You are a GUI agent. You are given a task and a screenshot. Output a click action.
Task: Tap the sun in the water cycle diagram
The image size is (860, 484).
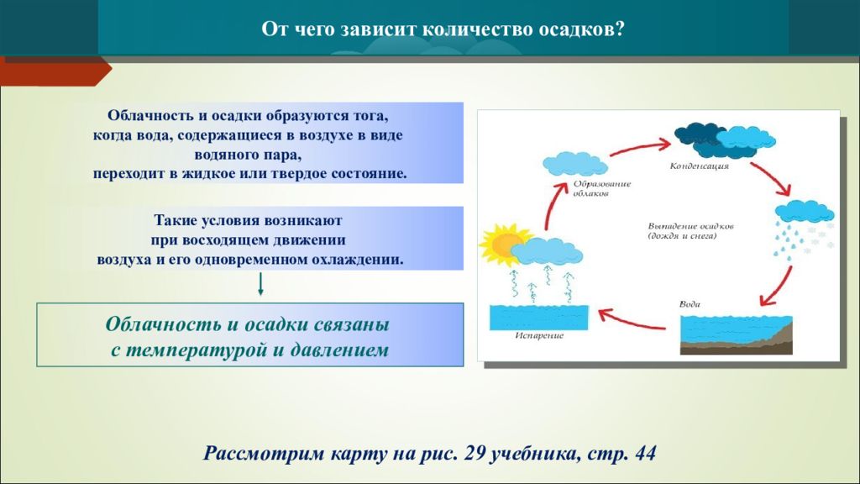point(502,245)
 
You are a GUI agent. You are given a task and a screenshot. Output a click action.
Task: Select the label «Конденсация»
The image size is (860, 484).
point(700,166)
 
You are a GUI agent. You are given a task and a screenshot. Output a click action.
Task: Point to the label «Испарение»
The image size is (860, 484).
point(539,335)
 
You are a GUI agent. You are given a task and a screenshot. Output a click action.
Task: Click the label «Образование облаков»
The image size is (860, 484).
point(602,189)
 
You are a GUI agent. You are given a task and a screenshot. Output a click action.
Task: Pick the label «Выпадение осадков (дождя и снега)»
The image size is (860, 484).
point(691,231)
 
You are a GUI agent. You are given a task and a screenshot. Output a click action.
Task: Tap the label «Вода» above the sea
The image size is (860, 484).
point(690,304)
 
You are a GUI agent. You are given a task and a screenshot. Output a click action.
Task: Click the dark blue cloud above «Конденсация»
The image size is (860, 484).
point(701,139)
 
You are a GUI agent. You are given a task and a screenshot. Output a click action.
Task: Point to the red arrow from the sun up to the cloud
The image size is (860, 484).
point(555,204)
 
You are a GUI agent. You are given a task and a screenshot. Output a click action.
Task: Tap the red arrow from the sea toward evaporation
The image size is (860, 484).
point(632,320)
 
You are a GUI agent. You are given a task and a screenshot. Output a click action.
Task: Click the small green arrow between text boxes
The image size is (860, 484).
point(260,284)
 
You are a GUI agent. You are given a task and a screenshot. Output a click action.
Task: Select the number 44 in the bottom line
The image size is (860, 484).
point(645,454)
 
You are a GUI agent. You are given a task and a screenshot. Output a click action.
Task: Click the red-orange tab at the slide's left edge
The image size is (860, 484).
point(55,71)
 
